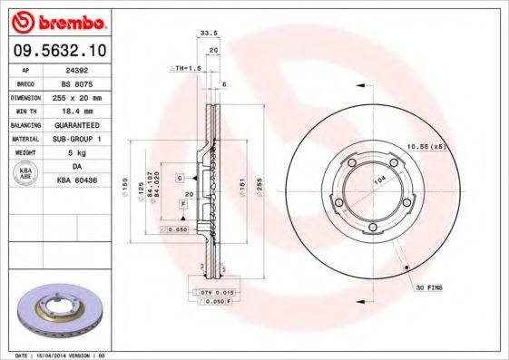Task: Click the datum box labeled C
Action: coord(181,177)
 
